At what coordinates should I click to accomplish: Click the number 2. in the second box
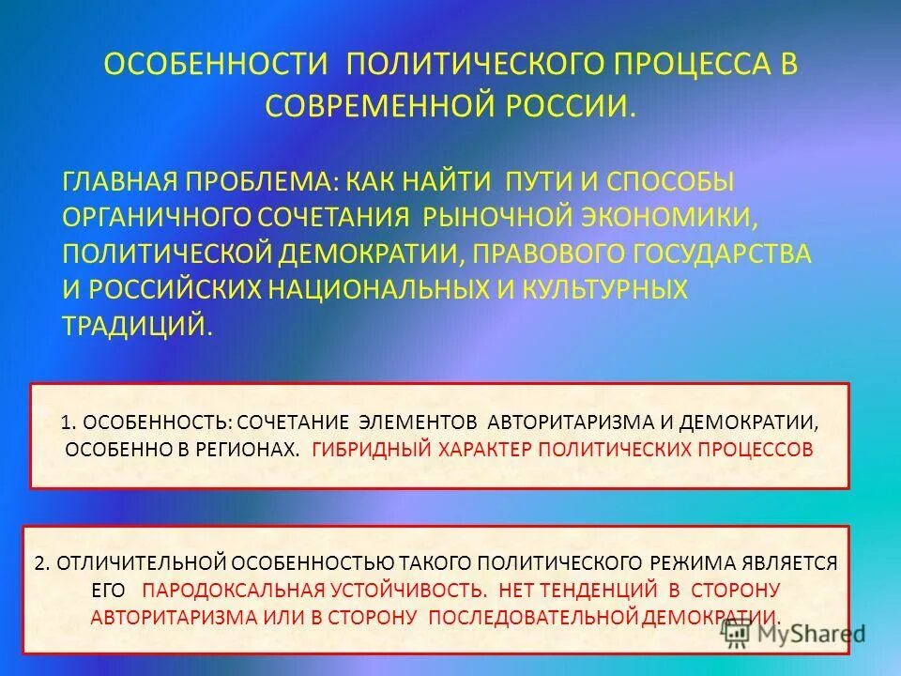click(41, 562)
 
